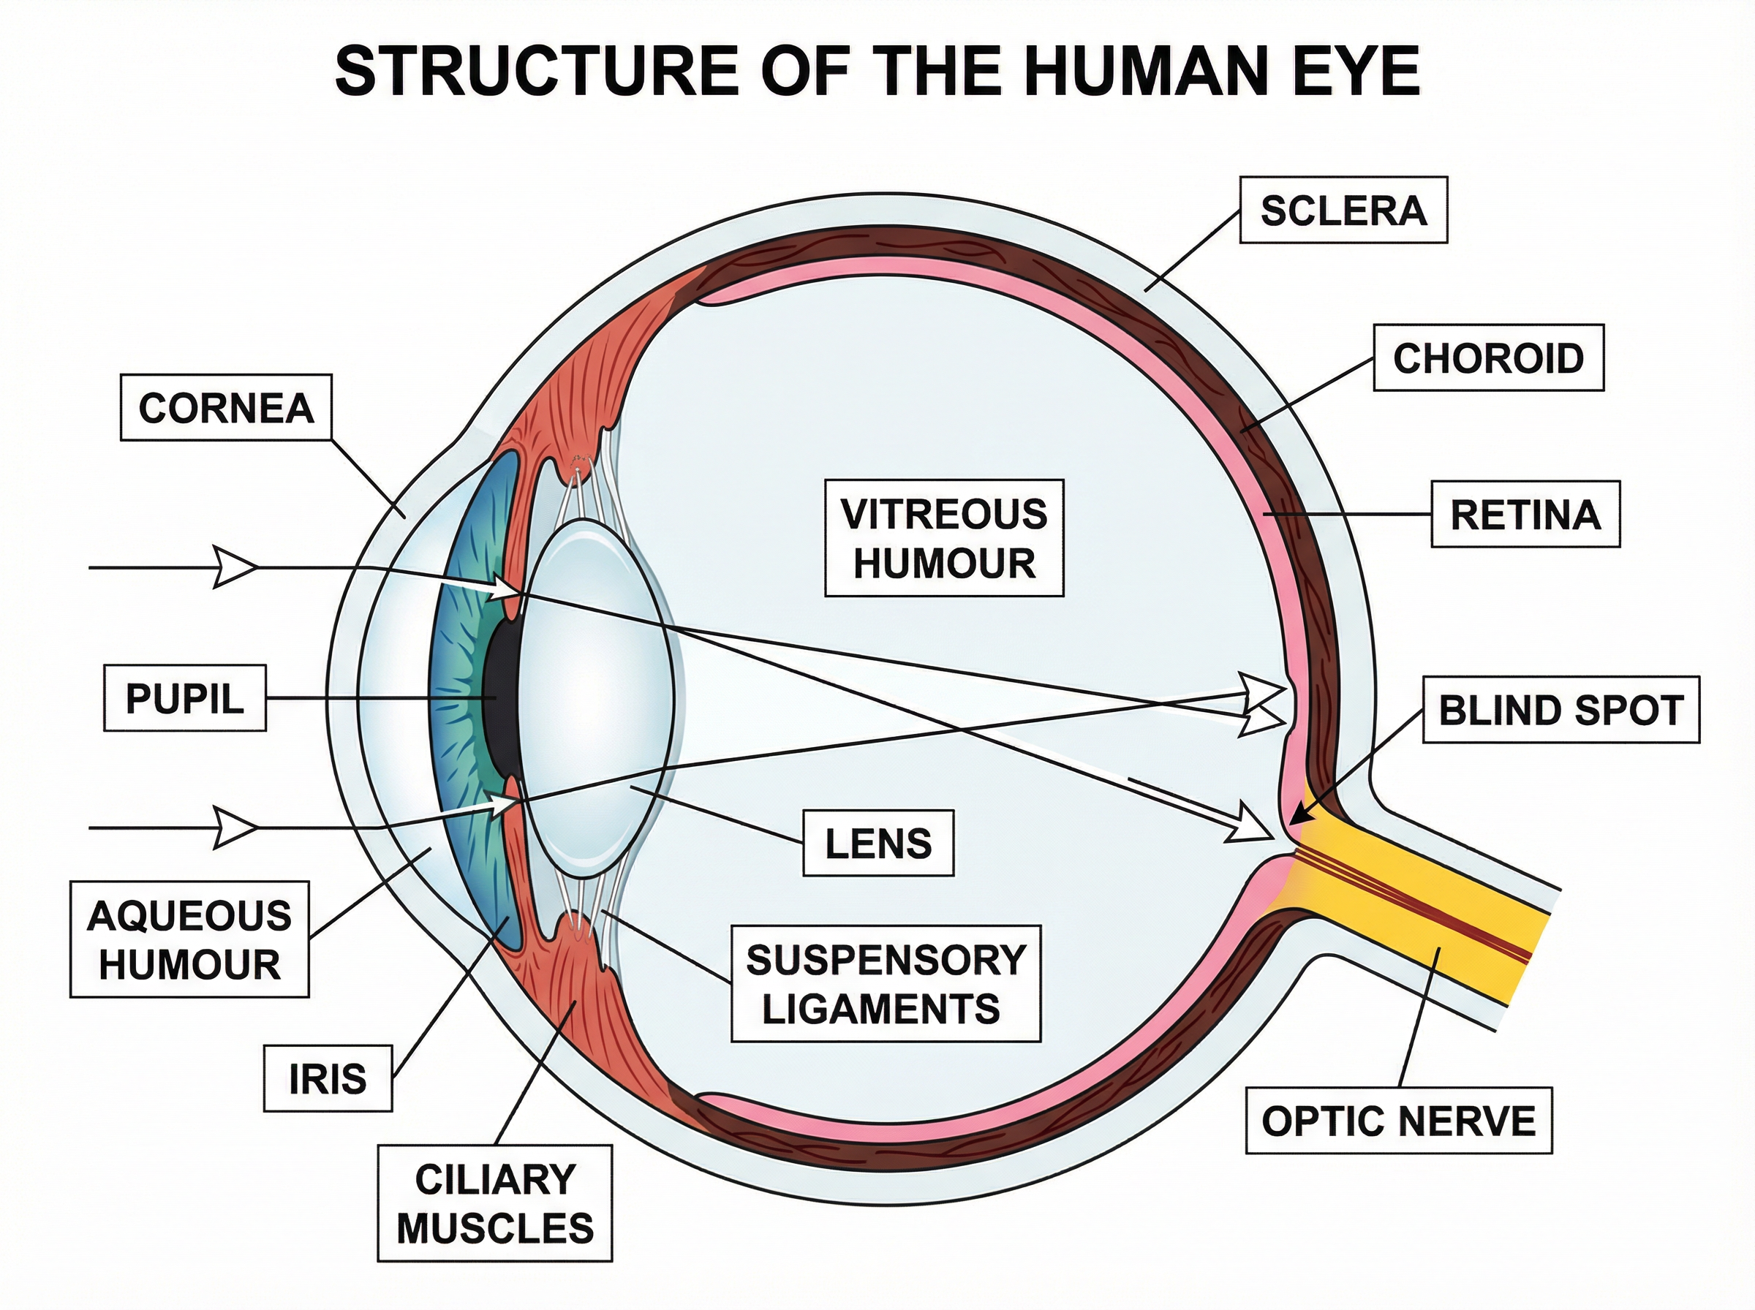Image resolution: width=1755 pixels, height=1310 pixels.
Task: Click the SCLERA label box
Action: [1343, 210]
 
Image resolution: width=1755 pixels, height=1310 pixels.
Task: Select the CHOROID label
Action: [1488, 357]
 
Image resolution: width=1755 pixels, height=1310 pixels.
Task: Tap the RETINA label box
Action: [1524, 514]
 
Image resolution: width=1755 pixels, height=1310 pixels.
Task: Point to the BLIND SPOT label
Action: [1560, 710]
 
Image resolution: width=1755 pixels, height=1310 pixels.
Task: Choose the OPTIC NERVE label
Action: [1398, 1121]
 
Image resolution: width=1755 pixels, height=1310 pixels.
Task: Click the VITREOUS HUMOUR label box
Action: [944, 537]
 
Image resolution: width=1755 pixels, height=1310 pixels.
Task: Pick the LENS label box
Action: [878, 842]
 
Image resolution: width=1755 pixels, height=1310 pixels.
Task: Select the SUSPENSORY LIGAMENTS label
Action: [885, 983]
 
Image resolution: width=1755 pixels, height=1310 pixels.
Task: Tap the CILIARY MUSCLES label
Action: [495, 1203]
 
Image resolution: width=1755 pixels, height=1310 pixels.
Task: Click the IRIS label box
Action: [328, 1078]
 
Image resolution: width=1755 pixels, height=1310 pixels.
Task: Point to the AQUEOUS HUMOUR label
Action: [189, 939]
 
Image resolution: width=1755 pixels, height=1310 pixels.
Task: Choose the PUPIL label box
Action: [184, 699]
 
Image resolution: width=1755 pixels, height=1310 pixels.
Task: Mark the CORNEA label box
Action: [226, 408]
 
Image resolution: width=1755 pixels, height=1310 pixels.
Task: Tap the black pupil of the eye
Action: [500, 698]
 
